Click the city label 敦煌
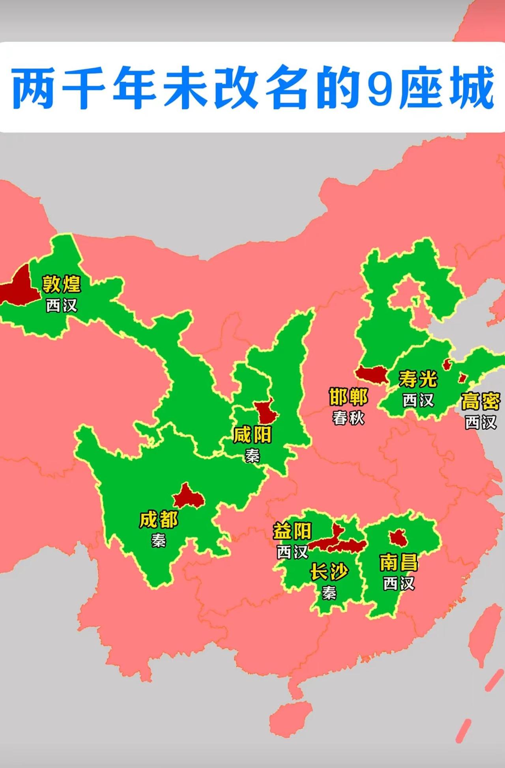[x=62, y=284]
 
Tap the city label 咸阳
[x=252, y=435]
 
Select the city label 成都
[x=159, y=520]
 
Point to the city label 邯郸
[x=348, y=397]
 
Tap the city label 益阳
[x=292, y=531]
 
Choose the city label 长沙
[x=329, y=572]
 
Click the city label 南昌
[x=398, y=562]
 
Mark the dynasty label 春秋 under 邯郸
[x=348, y=418]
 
